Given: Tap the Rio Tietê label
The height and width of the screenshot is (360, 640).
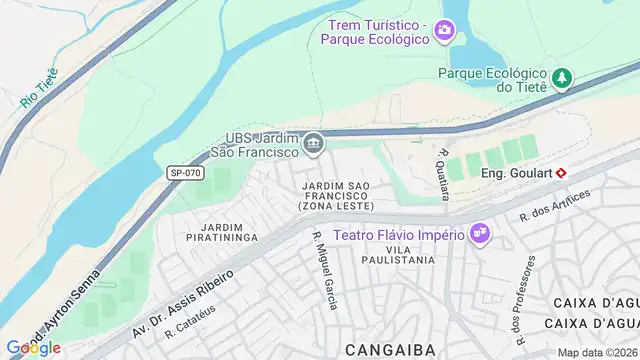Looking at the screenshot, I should coord(39,88).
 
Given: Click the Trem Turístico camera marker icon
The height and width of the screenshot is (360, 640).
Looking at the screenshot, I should coord(443,33).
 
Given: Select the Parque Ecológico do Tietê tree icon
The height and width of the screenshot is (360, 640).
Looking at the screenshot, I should coord(563,76).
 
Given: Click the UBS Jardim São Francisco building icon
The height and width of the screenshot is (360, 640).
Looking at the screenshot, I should coord(314,145).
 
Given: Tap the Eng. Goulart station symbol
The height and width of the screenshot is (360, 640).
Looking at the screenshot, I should coord(562,172).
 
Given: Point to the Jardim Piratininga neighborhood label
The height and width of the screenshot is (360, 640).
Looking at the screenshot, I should coord(222,232).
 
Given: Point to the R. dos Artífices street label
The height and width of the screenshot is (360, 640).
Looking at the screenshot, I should coord(550,208).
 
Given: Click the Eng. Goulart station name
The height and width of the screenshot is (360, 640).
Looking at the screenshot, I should coord(517,172).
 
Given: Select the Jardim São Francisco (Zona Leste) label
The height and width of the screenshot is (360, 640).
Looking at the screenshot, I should coord(336,196).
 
